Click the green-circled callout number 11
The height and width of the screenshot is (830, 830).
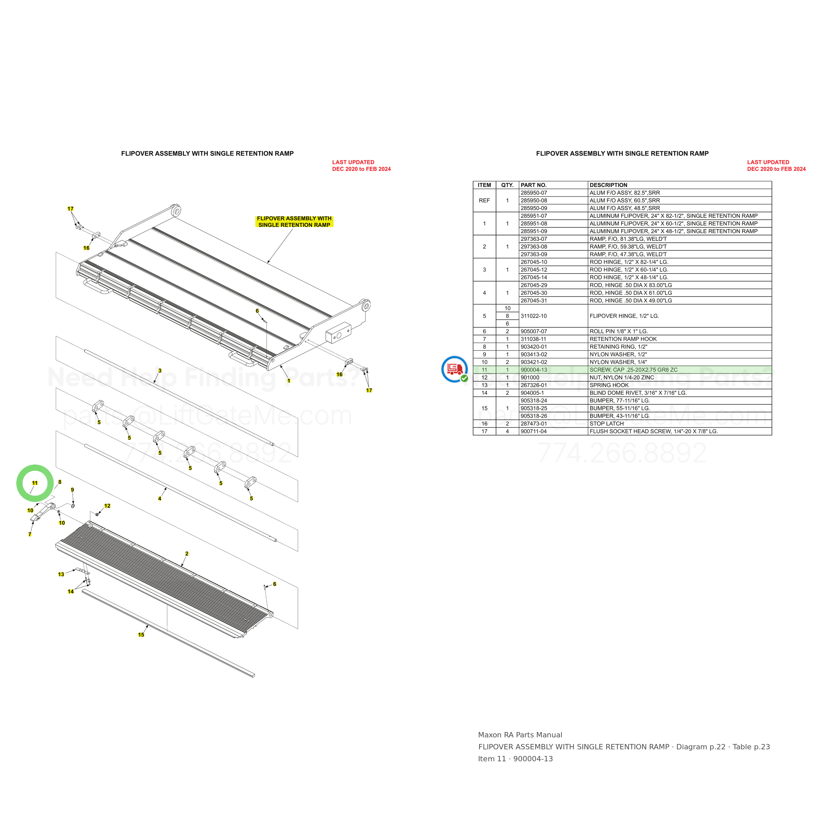[35, 483]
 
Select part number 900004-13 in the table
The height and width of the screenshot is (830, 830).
[534, 370]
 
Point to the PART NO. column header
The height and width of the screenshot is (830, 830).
[534, 185]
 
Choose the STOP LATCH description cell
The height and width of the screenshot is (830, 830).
[606, 424]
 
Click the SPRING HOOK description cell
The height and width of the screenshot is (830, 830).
[609, 385]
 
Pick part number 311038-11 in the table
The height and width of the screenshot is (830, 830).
[534, 339]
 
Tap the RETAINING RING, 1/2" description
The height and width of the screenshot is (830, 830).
[618, 347]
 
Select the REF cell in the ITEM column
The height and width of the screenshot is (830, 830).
[484, 201]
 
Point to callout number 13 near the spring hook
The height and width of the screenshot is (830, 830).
[61, 574]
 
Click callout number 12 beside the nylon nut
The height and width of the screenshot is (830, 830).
[107, 506]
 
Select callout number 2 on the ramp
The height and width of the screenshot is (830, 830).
[187, 553]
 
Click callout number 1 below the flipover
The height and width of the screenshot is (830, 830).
[289, 380]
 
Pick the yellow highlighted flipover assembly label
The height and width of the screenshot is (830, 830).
[294, 222]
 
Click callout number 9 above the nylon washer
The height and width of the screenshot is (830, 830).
[72, 490]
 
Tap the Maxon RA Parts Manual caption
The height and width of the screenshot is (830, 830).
[520, 735]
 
